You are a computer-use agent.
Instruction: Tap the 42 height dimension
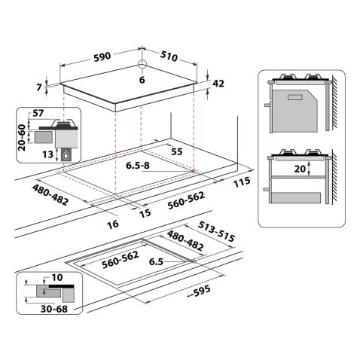(219, 85)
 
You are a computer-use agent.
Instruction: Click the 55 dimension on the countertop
(176, 152)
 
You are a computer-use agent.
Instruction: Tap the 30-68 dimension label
(42, 309)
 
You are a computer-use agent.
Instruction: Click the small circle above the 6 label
(142, 64)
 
